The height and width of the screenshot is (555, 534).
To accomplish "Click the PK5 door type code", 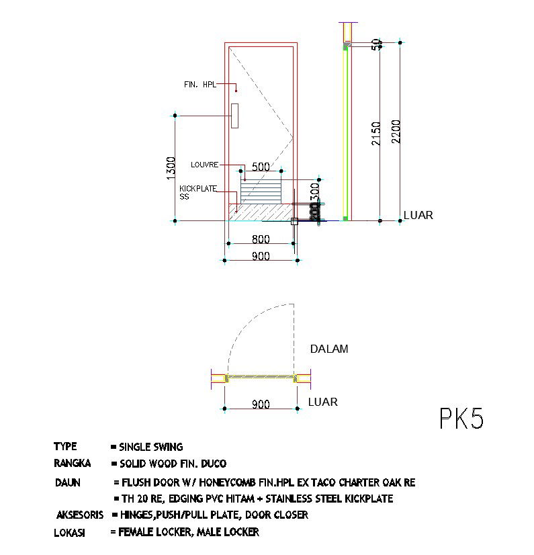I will (461, 418).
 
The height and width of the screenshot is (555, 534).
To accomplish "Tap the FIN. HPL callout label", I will (199, 85).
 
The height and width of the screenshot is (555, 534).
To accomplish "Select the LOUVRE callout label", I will (204, 164).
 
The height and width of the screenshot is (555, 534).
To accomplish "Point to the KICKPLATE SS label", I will (197, 193).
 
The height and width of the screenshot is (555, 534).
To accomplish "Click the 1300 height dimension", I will (171, 168).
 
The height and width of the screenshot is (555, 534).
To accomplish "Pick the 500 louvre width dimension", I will (260, 167).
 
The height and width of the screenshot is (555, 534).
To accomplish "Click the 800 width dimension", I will (261, 239).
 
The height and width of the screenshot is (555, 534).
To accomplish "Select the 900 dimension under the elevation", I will (261, 255).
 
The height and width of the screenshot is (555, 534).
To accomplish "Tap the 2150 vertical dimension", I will (376, 133).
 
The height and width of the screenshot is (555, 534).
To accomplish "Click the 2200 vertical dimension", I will (396, 131).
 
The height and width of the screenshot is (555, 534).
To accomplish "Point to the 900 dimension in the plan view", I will (261, 404).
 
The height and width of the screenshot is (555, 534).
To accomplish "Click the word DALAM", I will (328, 349).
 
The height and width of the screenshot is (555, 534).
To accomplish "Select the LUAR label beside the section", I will (418, 216).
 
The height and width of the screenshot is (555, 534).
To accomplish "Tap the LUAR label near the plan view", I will (322, 402).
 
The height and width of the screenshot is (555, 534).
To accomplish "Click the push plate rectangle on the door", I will (235, 116).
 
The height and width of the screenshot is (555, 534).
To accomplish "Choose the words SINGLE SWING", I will (150, 447).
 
